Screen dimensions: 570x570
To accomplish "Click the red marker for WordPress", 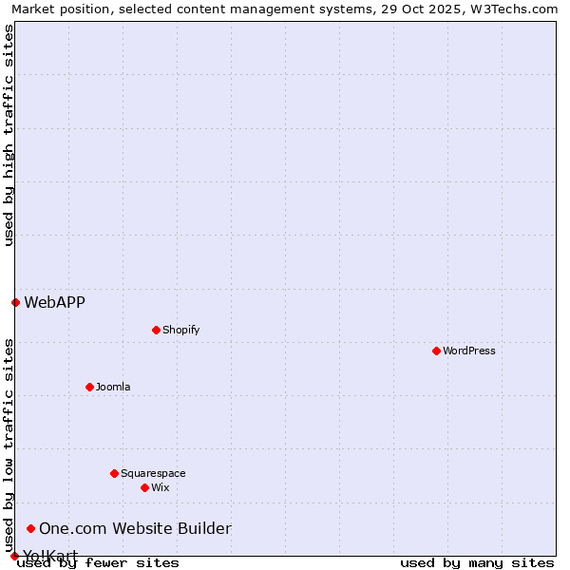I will click(436, 351).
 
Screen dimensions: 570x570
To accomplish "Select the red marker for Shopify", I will click(156, 330).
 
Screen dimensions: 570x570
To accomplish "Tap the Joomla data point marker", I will click(89, 387).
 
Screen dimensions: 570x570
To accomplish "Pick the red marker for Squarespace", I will click(114, 473).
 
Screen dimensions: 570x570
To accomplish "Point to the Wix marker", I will click(144, 487).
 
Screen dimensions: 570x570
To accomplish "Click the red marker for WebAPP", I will click(15, 302).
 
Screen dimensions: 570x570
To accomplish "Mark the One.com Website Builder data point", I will click(30, 528).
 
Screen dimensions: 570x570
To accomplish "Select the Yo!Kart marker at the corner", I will click(14, 556).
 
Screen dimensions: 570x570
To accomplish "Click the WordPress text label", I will click(469, 351).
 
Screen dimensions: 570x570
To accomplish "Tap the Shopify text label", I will click(180, 330).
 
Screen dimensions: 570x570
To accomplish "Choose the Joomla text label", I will click(113, 387).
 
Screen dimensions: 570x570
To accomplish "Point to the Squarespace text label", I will click(153, 473).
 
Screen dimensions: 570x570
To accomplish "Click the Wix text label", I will click(160, 487).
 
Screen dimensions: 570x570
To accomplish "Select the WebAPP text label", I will click(54, 302).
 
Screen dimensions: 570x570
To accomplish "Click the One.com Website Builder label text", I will click(135, 528).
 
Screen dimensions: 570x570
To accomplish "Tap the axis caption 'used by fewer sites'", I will click(98, 562).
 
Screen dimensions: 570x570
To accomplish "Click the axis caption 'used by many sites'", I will click(477, 562).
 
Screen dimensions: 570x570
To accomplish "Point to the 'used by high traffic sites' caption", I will click(9, 135).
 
